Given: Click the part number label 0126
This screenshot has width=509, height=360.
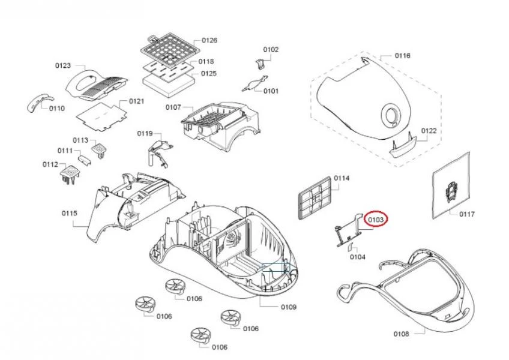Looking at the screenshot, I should point(209,40).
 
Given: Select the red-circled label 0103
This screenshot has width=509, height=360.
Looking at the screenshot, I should point(376,221).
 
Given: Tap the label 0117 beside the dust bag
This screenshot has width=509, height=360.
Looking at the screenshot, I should point(467,214).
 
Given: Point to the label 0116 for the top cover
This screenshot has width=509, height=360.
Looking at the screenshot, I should point(402,56).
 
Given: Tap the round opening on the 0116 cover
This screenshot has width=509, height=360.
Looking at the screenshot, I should point(391,115).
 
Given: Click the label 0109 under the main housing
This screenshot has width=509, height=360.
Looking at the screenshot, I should point(289,307).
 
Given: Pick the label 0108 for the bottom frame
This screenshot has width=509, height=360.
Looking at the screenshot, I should point(401,334).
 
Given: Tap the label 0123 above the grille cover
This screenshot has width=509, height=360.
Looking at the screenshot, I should point(63,65).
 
